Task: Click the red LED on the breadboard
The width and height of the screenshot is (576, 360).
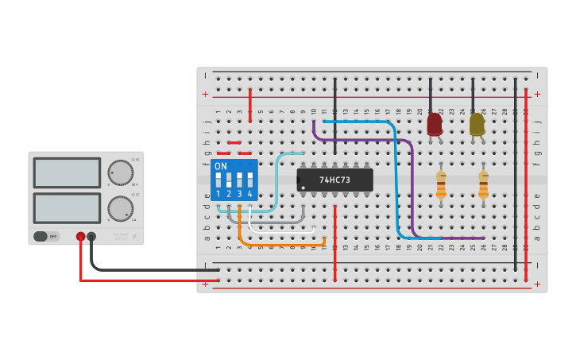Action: click(435, 124)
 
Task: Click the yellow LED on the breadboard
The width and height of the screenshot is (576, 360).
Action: click(477, 124)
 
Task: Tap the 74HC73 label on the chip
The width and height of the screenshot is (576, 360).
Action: click(334, 180)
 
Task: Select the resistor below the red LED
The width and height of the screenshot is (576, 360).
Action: click(441, 185)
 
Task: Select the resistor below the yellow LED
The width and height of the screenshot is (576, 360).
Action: click(483, 185)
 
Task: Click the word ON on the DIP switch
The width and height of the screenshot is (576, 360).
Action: click(221, 166)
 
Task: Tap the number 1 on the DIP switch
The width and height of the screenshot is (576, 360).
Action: click(218, 194)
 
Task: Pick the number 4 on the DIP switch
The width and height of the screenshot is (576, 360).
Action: click(249, 194)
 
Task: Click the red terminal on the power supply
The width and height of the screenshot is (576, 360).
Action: click(80, 236)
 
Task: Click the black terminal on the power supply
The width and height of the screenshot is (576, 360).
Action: click(91, 236)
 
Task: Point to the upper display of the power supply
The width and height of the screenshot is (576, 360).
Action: click(67, 172)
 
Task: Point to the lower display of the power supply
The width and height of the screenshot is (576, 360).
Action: click(67, 207)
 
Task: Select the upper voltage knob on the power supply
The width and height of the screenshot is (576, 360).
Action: click(120, 172)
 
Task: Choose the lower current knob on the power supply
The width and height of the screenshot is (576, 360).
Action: click(120, 208)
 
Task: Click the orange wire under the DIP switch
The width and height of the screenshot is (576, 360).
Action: click(240, 230)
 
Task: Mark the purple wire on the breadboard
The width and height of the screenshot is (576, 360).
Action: click(412, 191)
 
